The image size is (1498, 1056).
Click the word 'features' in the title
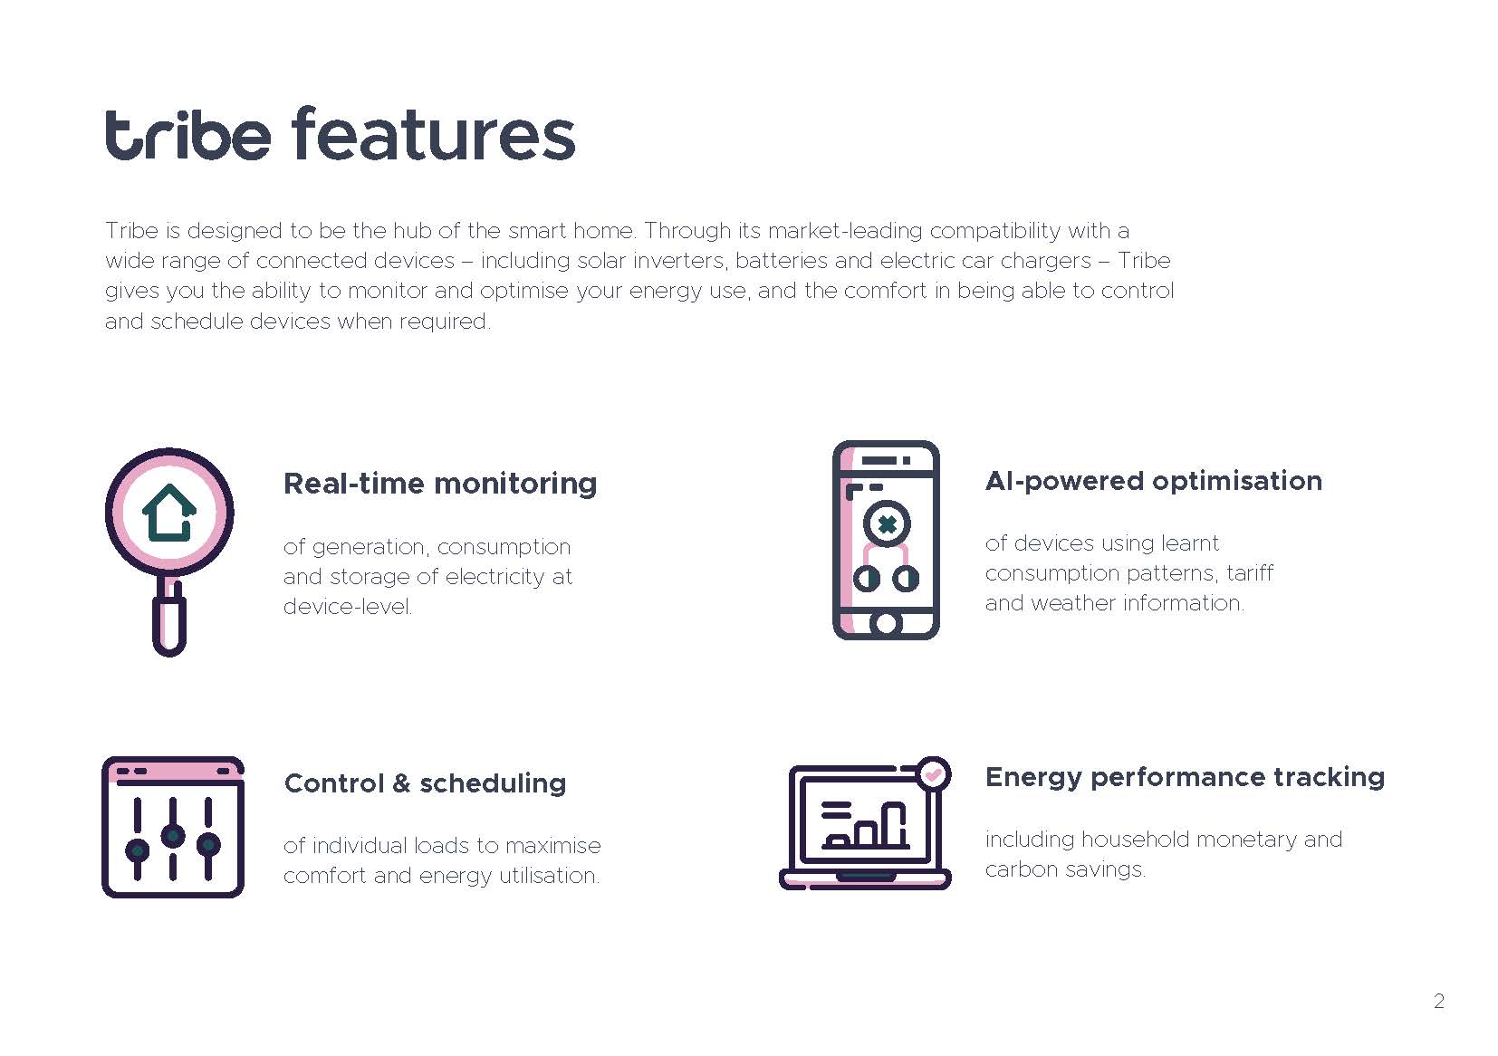(433, 134)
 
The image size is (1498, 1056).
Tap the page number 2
(1438, 1001)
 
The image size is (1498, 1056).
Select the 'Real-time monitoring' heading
(440, 485)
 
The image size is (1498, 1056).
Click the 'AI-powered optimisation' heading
(1154, 482)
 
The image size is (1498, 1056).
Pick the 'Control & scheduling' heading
(426, 783)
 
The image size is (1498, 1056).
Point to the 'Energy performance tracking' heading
(1185, 777)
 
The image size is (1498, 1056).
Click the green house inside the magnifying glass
(169, 513)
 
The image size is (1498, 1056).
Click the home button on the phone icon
(886, 623)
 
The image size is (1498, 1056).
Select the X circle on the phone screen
(887, 523)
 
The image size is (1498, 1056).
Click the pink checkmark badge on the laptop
(933, 774)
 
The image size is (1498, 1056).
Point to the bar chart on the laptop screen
(865, 825)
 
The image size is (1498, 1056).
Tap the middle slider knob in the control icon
(173, 836)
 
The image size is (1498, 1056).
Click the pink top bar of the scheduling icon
(173, 770)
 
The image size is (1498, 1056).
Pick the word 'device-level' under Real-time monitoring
(348, 607)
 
